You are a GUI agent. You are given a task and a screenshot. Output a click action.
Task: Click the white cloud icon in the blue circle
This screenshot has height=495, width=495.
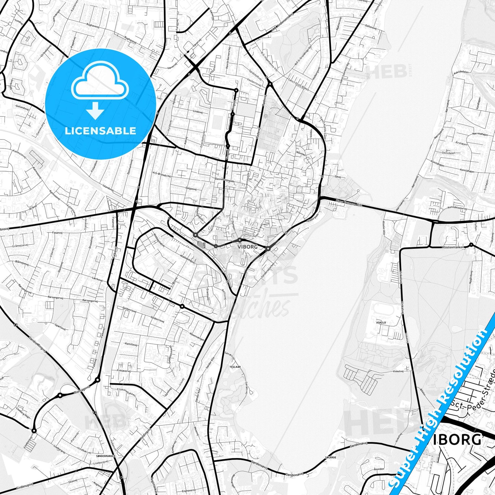100,84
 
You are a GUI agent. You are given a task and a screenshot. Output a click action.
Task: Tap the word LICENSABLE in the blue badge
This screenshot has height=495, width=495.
100,131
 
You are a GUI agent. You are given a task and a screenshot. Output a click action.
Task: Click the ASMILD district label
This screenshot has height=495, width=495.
381,322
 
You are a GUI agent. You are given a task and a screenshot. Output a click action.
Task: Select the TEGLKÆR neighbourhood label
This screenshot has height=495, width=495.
235,367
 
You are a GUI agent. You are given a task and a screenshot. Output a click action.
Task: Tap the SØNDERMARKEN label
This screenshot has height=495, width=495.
106,456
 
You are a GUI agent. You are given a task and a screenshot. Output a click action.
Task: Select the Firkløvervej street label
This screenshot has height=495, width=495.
124,371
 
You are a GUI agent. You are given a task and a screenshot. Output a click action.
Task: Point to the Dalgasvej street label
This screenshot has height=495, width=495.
191,188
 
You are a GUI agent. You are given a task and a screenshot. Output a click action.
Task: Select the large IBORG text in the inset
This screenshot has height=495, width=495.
457,440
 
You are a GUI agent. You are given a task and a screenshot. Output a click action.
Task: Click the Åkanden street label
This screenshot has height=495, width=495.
379,469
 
